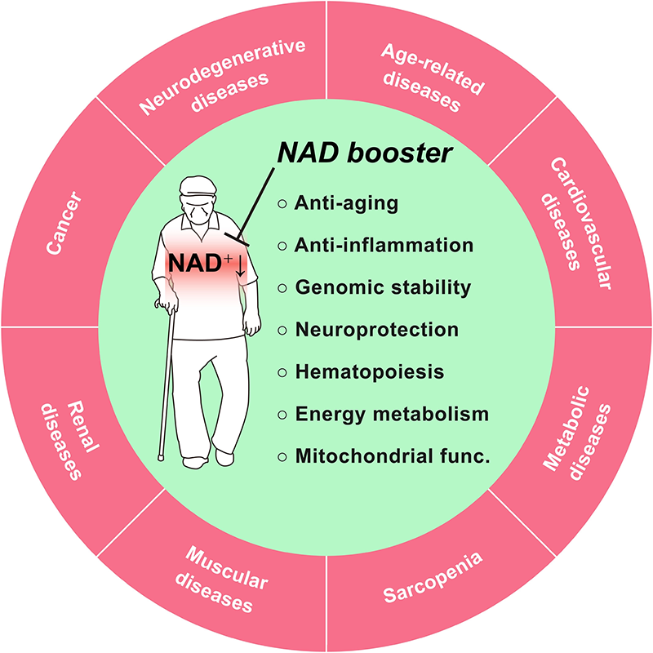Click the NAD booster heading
pos(377,152)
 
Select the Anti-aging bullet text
pos(346,203)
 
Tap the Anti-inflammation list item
pos(383,245)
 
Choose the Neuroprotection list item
pos(376,330)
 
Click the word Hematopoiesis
pos(369,371)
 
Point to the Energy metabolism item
pos(391,414)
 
